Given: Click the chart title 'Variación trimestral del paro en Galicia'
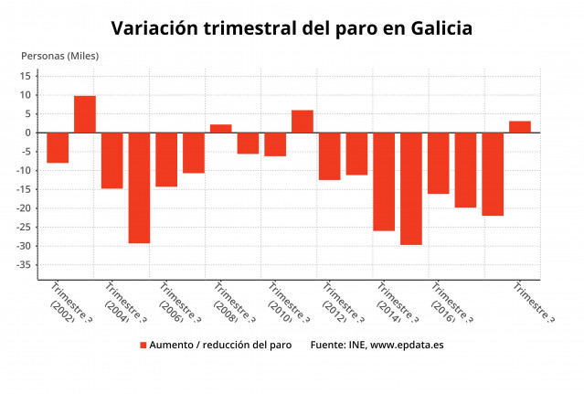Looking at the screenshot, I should click(292, 28).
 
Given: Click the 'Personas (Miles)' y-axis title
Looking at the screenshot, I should click(59, 56).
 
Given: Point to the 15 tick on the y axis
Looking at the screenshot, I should click(27, 76).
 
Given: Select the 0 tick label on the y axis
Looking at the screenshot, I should click(29, 133).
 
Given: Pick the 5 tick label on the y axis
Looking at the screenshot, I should click(29, 113).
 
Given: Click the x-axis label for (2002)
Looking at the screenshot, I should click(66, 306).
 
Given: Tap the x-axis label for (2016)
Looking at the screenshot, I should click(446, 306).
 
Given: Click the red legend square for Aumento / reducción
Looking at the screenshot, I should click(143, 346).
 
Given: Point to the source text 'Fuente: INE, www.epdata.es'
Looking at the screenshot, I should click(377, 346).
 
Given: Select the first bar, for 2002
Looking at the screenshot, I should click(58, 147).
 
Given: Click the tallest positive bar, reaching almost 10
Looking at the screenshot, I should click(85, 114).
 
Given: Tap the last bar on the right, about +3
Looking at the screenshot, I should click(520, 127).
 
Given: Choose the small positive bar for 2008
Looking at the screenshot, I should click(221, 129).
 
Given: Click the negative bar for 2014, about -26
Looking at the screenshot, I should click(384, 181).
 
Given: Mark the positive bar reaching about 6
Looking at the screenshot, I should click(303, 122).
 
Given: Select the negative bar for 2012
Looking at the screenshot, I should click(330, 155).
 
